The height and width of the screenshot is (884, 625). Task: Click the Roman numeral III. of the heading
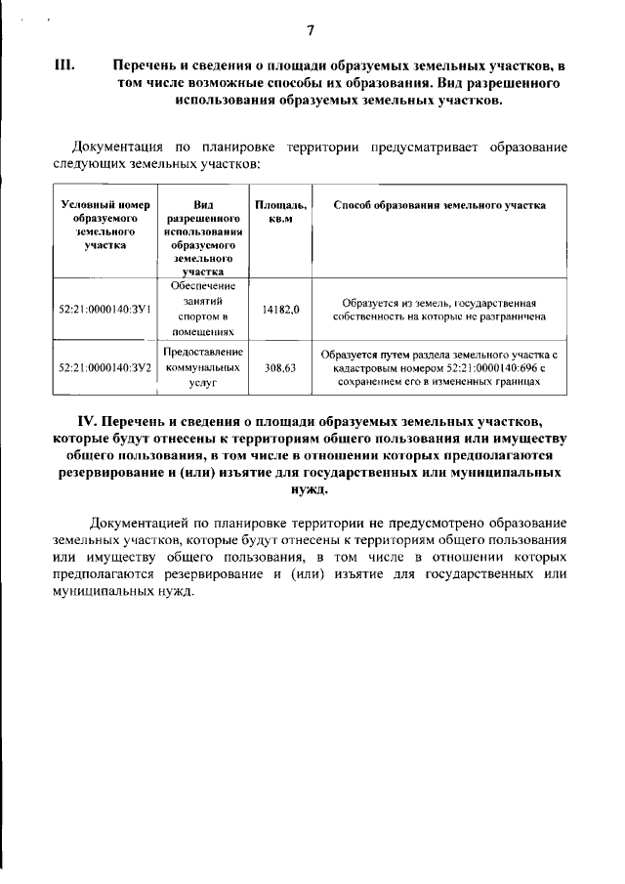point(64,65)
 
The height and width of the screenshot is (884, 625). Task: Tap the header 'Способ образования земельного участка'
point(438,205)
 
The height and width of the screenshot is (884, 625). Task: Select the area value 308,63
point(280,369)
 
